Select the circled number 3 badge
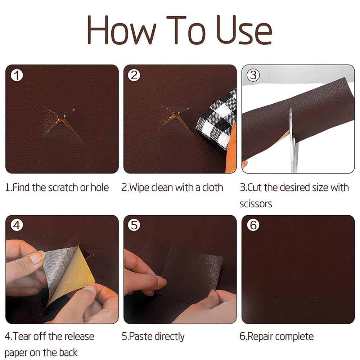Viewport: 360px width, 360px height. (x=253, y=75)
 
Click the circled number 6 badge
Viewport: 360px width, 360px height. (x=253, y=225)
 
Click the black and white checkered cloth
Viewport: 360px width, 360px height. (x=216, y=119)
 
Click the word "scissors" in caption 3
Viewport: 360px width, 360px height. (x=256, y=204)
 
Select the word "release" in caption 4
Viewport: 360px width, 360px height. (x=77, y=337)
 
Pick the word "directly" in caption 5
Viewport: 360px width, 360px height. (x=169, y=337)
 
